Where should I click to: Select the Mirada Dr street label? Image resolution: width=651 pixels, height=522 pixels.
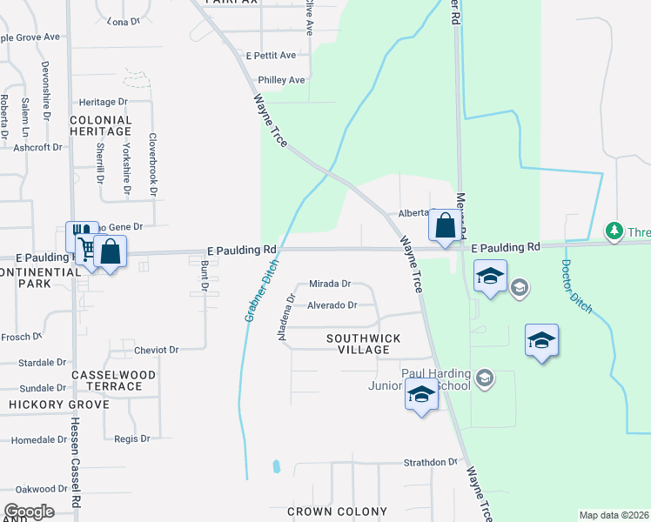tap(329, 284)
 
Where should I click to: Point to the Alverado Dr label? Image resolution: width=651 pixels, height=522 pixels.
tap(332, 305)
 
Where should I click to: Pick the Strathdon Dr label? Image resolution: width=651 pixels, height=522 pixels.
tap(429, 462)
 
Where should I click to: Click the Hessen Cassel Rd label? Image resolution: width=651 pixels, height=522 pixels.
tap(76, 462)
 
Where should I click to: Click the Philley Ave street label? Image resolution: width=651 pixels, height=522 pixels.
tap(279, 80)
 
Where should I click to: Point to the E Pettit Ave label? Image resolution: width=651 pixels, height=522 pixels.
tap(271, 55)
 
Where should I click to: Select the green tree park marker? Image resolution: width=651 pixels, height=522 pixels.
tap(614, 231)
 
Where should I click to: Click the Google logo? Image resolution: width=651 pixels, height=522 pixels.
tap(29, 512)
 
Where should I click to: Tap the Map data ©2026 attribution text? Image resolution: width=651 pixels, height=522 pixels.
tap(614, 515)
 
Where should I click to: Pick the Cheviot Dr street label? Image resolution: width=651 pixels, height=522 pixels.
tap(157, 350)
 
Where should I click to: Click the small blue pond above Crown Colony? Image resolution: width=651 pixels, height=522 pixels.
tap(277, 465)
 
